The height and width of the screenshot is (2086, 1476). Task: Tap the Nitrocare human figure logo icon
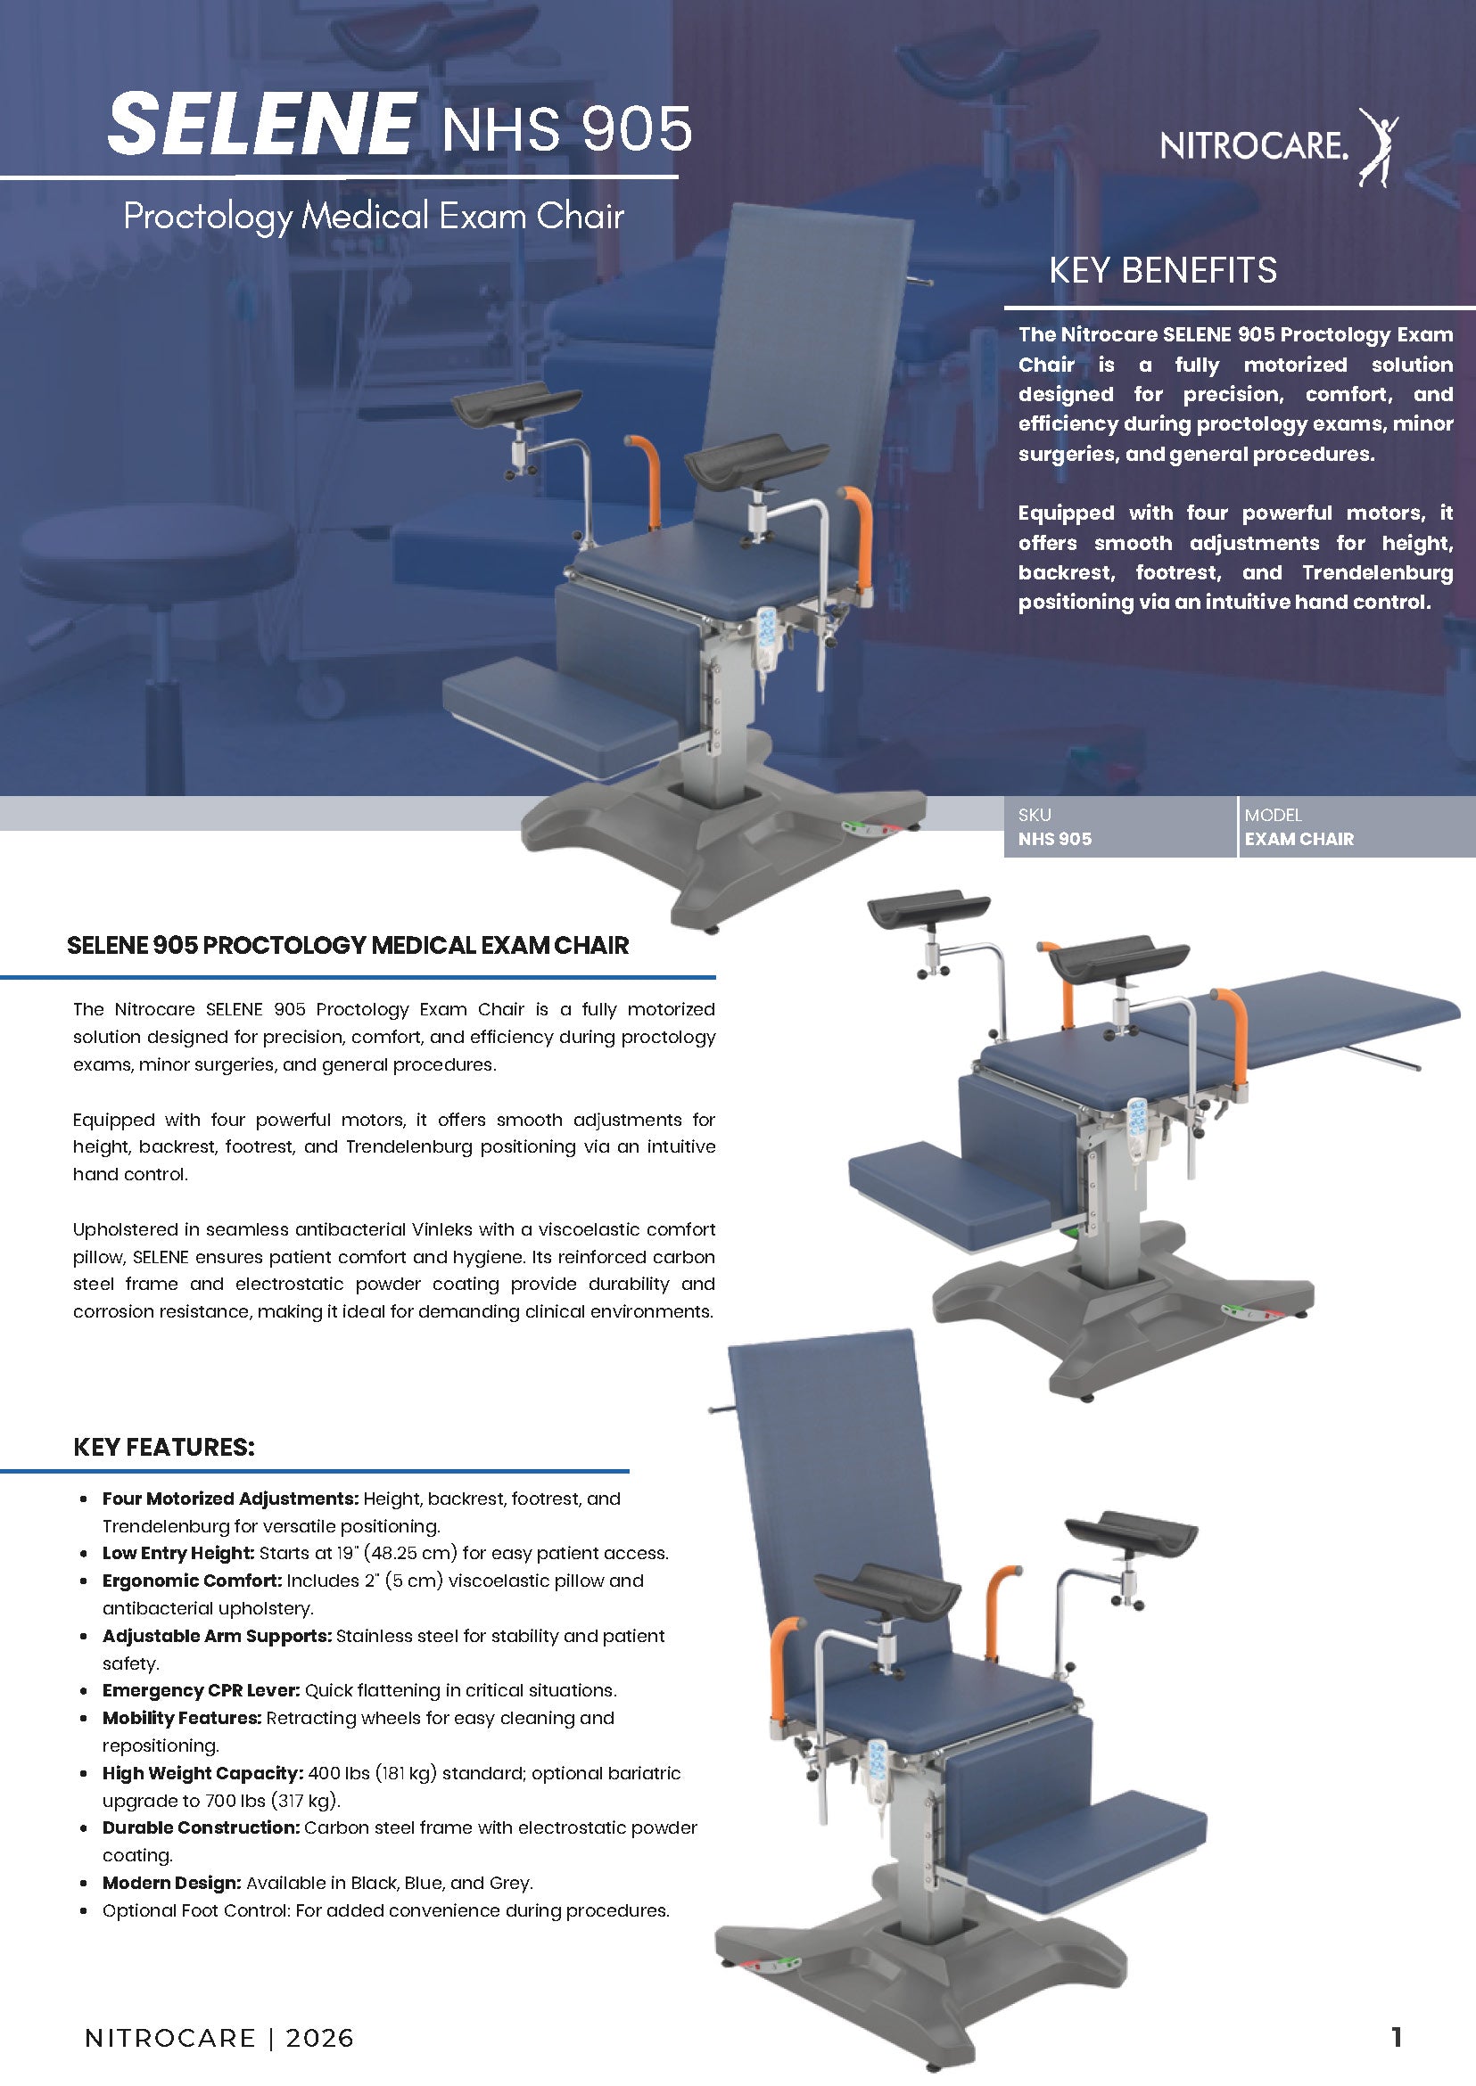[1378, 147]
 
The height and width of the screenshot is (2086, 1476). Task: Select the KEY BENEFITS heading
[1162, 270]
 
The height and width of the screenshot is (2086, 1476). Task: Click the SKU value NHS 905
[1054, 839]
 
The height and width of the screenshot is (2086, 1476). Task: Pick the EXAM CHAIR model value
[1299, 839]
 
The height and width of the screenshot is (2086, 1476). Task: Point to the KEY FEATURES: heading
[163, 1448]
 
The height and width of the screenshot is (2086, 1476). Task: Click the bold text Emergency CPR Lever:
[201, 1690]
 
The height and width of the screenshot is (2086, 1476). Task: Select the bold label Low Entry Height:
[178, 1553]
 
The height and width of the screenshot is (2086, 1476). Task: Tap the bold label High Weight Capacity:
[202, 1772]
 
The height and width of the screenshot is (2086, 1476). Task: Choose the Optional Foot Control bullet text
[385, 1909]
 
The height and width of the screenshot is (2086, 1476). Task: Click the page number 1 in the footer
[1397, 2037]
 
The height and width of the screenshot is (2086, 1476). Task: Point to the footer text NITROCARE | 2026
[219, 2038]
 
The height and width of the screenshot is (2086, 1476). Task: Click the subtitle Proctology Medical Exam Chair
[374, 217]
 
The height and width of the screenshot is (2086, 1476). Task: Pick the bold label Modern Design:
[172, 1883]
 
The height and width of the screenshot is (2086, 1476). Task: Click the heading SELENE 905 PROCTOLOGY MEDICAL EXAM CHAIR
[348, 945]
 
